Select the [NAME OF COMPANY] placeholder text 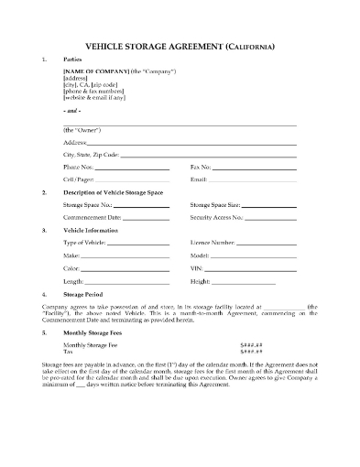pos(93,71)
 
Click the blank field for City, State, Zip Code pos(207,156)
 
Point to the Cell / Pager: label pos(79,179)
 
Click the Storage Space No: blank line pos(138,207)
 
